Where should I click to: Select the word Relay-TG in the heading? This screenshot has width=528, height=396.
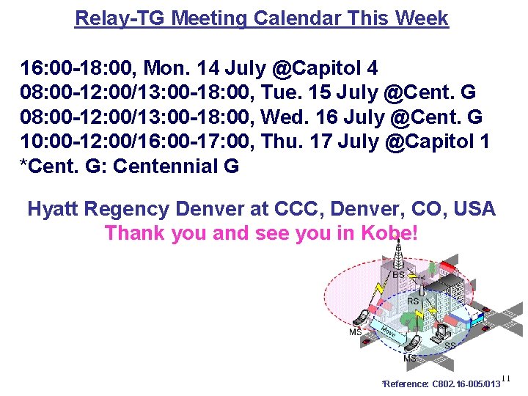coord(122,18)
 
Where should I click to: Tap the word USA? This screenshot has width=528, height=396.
coord(474,209)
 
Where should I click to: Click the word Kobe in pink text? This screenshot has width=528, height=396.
coord(386,233)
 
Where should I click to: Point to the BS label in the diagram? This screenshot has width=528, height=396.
coord(398,275)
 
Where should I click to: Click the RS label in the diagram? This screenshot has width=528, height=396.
coord(413,301)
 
